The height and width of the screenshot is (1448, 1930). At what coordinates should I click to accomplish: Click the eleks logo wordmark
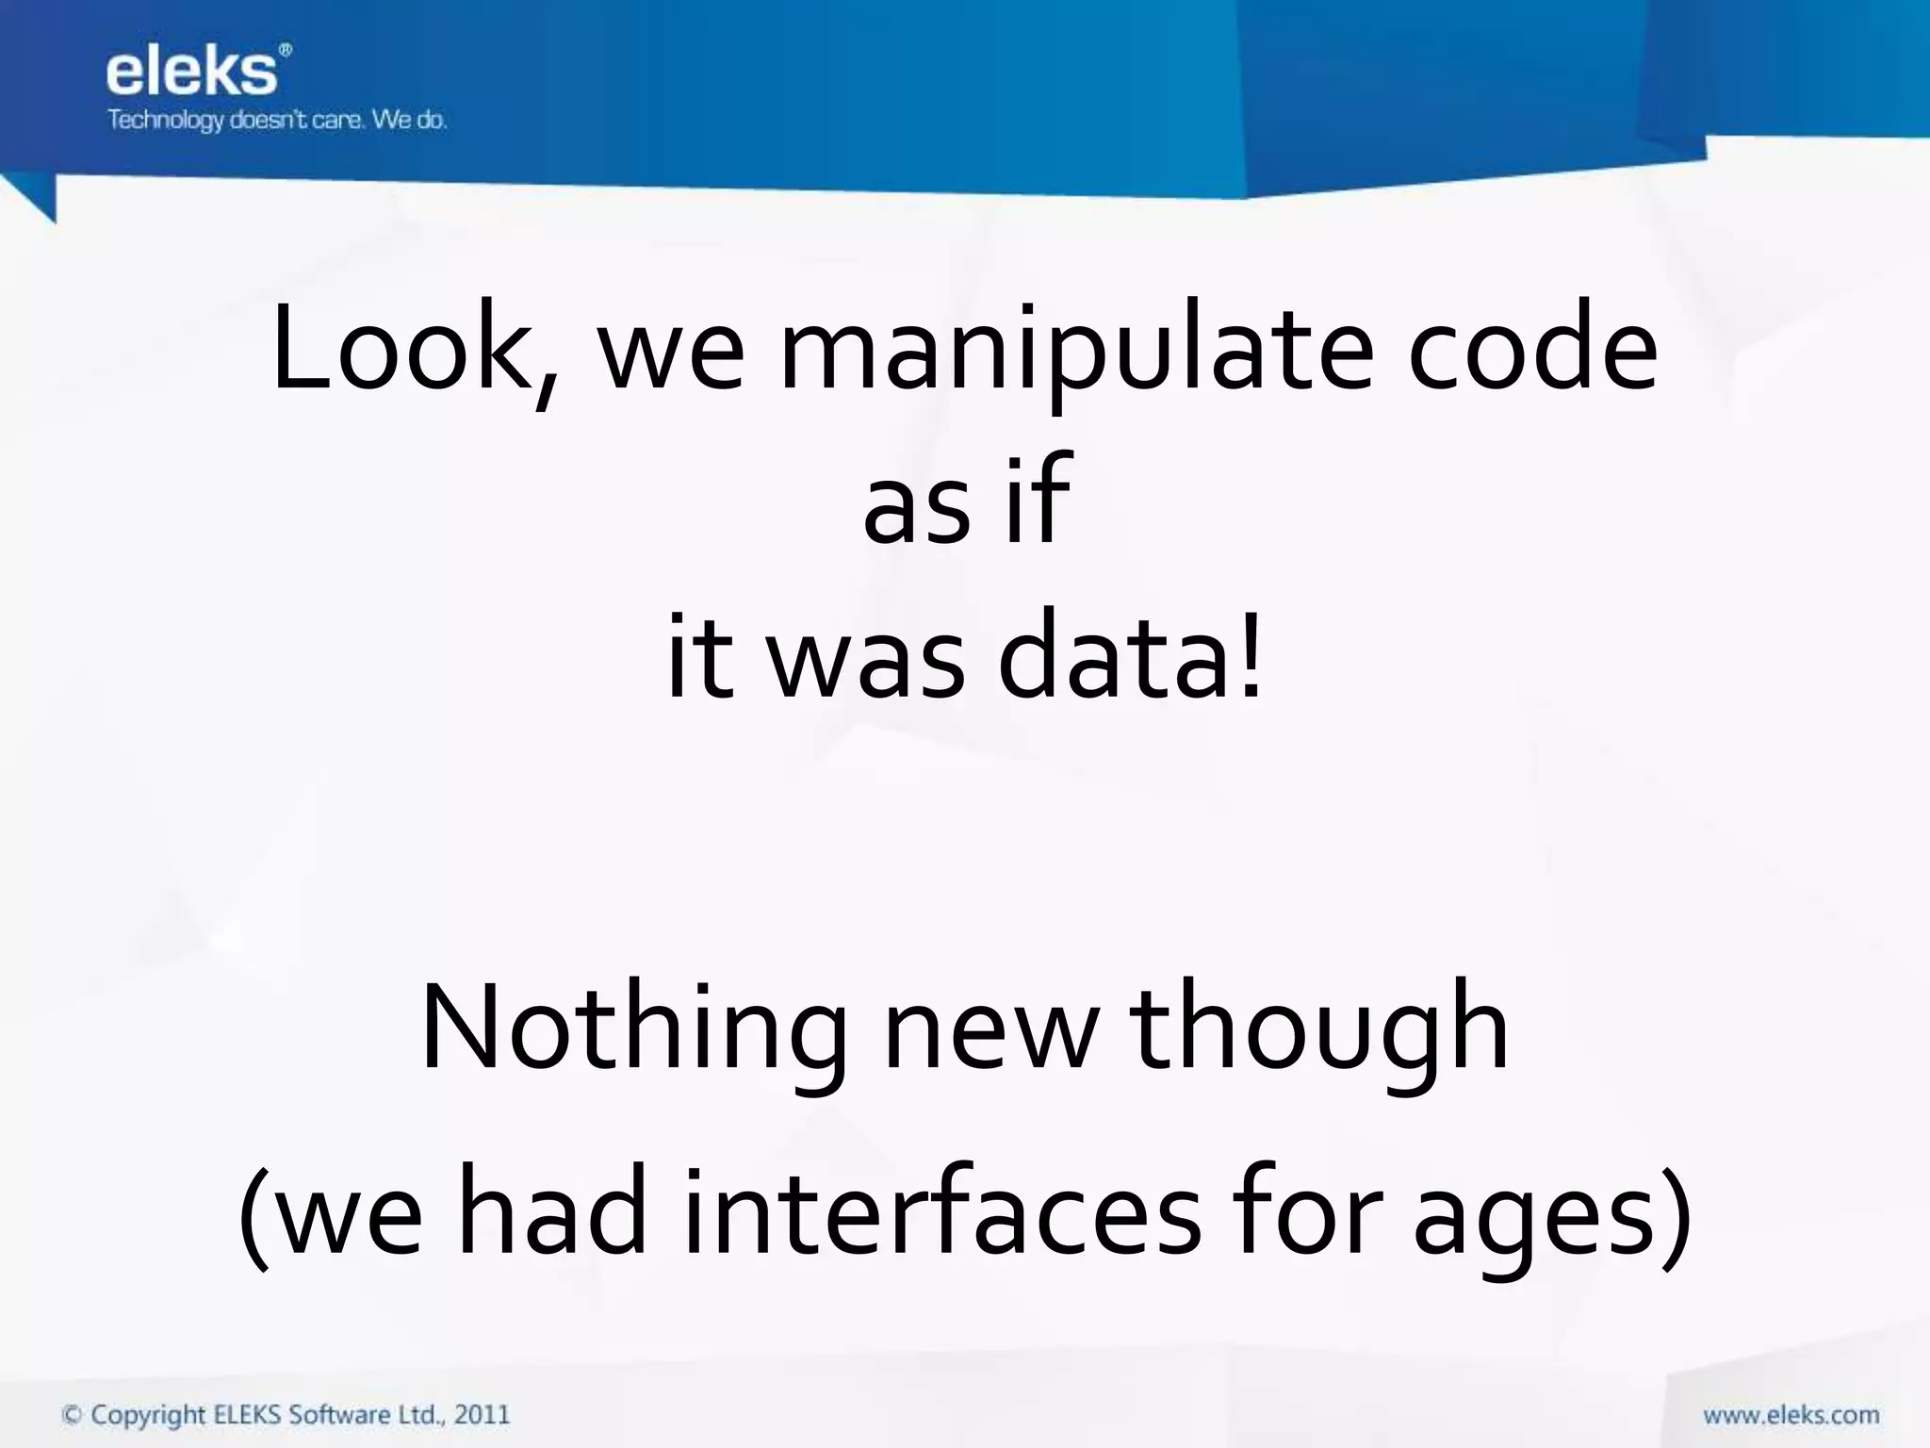pos(193,73)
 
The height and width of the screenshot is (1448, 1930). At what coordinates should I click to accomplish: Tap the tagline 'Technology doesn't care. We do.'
pos(277,121)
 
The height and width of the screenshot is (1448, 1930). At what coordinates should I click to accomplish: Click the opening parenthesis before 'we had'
pos(254,1216)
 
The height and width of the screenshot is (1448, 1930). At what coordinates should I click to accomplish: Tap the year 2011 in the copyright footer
pos(482,1414)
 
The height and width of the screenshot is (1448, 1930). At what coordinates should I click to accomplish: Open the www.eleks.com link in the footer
pos(1790,1415)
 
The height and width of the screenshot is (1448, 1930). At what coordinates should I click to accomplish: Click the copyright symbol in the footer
pos(72,1414)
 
